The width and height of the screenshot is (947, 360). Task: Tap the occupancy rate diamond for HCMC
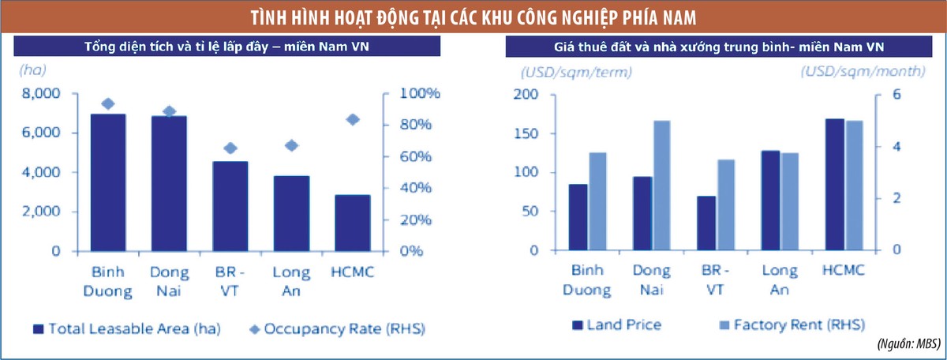click(353, 119)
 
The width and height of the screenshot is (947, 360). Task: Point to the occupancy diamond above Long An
click(291, 145)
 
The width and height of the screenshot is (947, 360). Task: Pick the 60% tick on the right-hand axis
click(414, 156)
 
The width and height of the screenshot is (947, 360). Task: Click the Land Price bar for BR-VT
click(706, 223)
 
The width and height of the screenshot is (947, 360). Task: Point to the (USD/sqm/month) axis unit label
click(862, 71)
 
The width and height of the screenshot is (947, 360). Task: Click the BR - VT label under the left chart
click(230, 281)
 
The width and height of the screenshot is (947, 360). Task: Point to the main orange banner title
click(473, 17)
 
